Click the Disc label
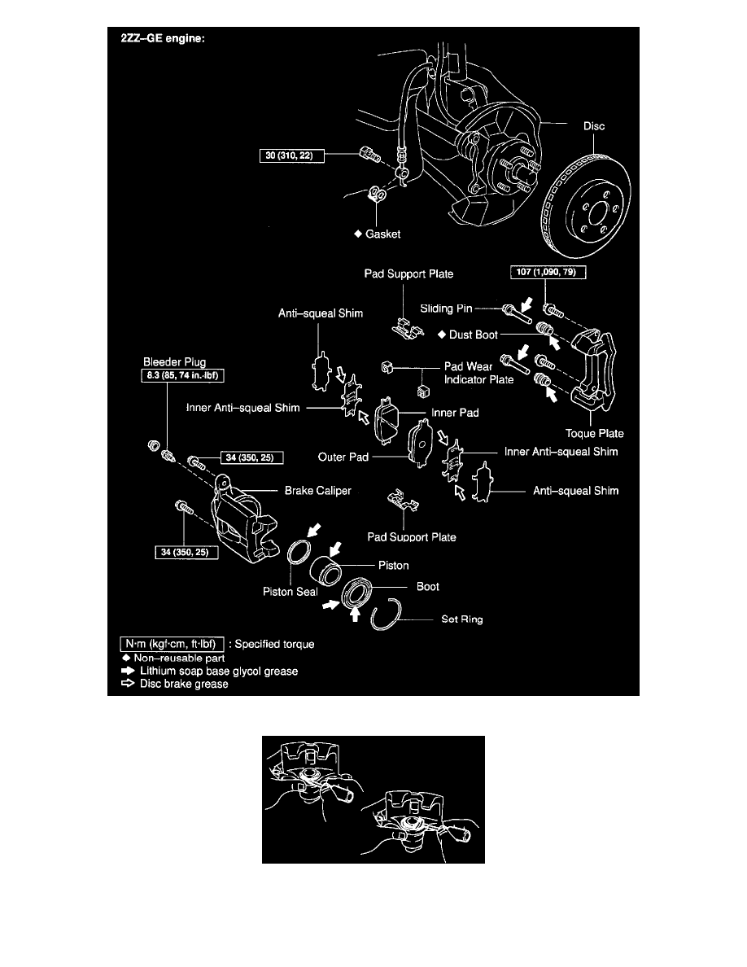(x=593, y=126)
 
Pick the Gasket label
(x=381, y=233)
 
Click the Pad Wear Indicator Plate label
(x=478, y=373)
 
